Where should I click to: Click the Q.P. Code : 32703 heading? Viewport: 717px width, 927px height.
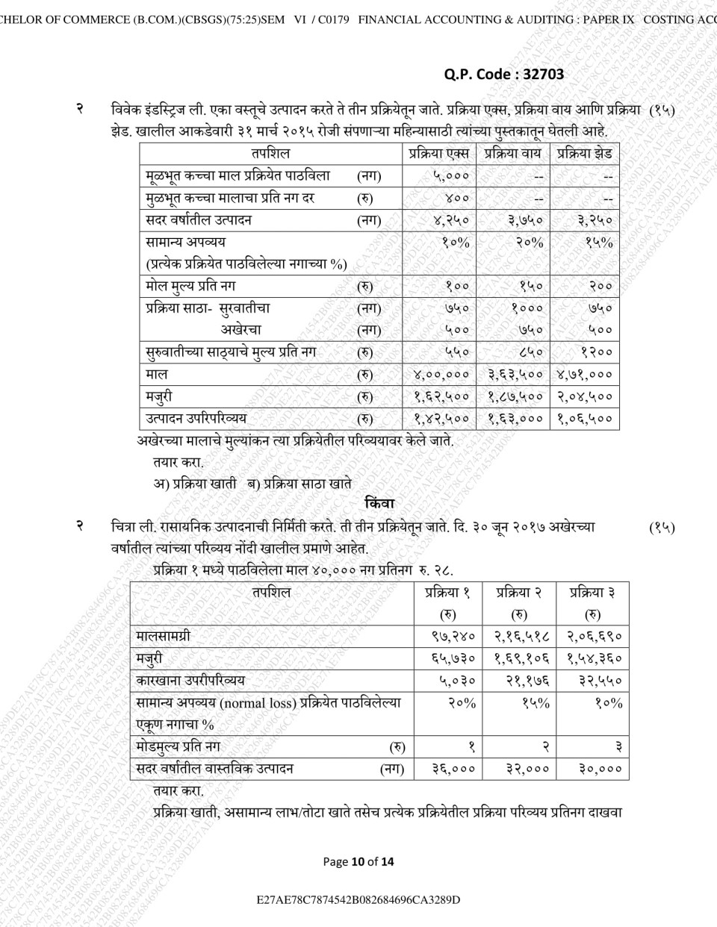503,74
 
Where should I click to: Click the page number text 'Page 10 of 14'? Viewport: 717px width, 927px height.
358,861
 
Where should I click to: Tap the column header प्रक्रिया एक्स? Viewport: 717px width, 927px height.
439,154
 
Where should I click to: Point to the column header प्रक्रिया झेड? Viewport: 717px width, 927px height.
585,154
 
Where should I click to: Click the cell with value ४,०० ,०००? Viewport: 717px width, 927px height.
441,374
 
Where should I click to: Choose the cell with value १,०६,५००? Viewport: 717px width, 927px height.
585,419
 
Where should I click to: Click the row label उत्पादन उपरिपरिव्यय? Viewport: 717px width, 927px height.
196,419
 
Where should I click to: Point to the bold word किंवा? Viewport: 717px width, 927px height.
379,504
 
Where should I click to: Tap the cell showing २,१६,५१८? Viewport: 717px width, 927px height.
521,636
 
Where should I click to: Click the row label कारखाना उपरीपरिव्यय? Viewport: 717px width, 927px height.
190,681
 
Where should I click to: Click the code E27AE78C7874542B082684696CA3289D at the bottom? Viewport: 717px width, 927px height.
358,899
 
